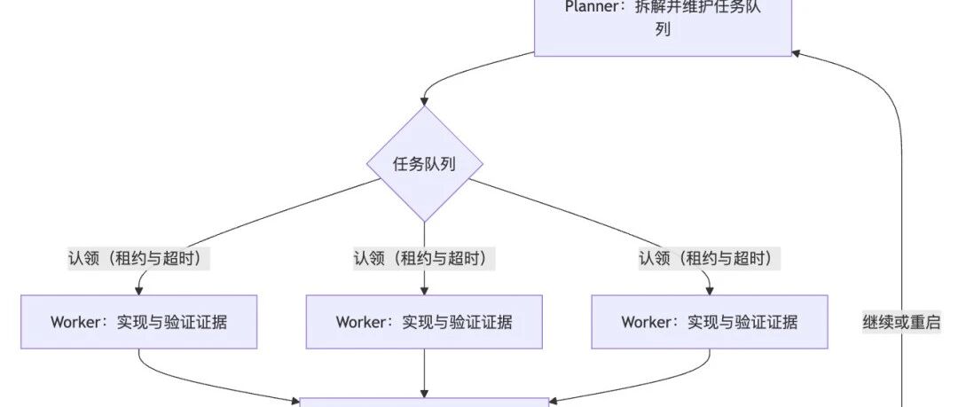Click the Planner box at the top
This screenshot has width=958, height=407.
pos(663,28)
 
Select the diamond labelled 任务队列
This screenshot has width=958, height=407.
pos(425,164)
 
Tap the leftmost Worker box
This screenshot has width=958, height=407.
pos(138,322)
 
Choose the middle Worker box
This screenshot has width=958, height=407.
pos(424,322)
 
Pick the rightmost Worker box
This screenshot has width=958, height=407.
pos(710,322)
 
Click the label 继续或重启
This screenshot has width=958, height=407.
pos(902,322)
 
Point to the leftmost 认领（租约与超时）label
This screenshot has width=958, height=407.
pos(138,259)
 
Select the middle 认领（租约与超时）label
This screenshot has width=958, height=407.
pos(424,259)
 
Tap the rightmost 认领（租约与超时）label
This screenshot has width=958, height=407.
pos(710,259)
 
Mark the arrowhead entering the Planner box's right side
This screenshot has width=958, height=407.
pos(796,53)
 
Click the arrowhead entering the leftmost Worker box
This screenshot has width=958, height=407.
pos(138,291)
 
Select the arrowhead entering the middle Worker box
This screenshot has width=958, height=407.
pos(425,291)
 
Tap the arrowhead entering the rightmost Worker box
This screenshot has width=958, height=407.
pos(710,291)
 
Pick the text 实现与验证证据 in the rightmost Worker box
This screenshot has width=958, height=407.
pos(742,322)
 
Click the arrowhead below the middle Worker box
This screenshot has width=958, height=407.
pos(425,394)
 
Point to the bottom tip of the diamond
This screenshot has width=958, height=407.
pos(425,222)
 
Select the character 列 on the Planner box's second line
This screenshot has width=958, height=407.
pos(663,29)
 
